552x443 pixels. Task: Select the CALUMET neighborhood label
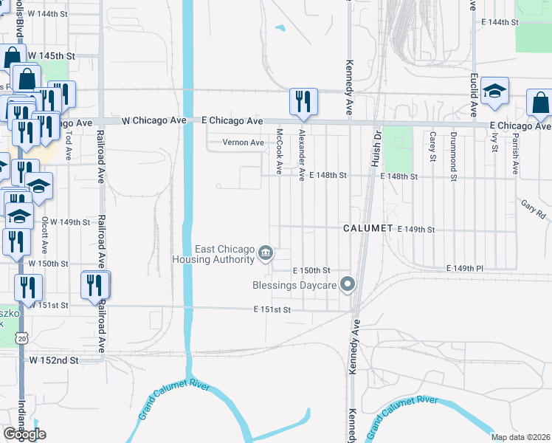click(368, 229)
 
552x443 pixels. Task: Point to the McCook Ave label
click(279, 152)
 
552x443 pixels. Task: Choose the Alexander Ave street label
click(302, 155)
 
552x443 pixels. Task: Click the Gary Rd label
click(532, 209)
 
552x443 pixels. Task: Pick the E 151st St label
click(272, 310)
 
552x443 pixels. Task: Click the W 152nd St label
click(53, 360)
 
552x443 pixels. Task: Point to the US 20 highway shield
click(20, 337)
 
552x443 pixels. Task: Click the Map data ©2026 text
click(520, 437)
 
